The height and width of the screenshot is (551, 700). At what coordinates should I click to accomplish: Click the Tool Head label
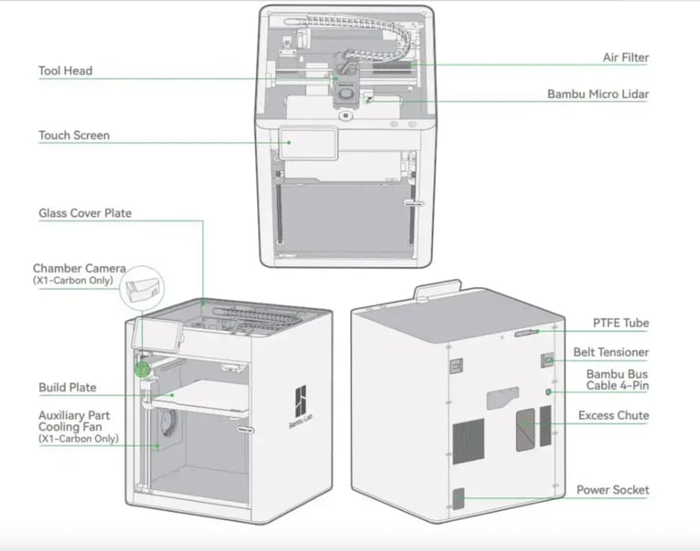[65, 71]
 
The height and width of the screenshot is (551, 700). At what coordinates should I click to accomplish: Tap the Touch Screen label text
[74, 136]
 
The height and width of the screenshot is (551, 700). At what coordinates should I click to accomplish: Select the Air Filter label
[625, 57]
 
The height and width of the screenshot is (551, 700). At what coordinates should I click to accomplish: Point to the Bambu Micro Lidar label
[598, 94]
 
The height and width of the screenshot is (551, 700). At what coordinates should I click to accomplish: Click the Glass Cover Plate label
[85, 213]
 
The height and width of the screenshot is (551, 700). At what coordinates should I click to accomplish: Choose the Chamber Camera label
[78, 269]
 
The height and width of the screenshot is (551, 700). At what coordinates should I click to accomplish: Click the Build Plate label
[67, 387]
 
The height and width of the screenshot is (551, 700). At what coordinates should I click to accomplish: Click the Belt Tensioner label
[611, 352]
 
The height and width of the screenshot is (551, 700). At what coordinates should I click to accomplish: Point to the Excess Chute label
[613, 415]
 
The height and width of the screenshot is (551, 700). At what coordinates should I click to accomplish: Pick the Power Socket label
[612, 490]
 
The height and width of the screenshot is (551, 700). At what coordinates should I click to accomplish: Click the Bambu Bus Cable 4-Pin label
[617, 380]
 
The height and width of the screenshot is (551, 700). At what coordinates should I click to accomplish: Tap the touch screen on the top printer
[307, 143]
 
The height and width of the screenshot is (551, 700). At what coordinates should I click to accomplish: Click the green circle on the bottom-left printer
[143, 369]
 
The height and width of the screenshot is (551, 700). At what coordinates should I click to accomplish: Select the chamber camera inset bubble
[145, 289]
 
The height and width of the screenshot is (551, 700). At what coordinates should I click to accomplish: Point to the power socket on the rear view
[458, 498]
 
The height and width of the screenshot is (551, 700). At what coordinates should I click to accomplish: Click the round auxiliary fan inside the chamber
[168, 422]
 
